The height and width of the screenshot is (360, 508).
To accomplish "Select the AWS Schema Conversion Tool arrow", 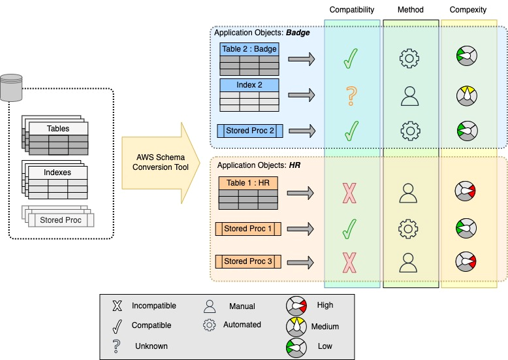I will point(160,161).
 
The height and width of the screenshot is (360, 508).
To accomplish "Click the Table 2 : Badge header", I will point(249,49).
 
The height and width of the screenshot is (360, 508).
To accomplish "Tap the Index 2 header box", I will point(249,85).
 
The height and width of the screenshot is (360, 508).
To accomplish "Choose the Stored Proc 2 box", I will point(249,131).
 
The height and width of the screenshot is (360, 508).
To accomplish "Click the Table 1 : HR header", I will point(249,183).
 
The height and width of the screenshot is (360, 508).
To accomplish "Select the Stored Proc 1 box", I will point(248,229).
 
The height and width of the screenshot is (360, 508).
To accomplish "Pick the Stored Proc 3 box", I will point(248,261).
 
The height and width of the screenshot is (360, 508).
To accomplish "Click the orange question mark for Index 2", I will point(351,97).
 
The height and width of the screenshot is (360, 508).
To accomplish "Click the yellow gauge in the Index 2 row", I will point(465,96).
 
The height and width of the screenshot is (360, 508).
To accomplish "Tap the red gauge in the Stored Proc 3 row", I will point(465,261).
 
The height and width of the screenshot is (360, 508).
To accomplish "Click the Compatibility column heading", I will point(352,10).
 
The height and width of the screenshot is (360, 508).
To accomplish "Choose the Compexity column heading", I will point(468,10).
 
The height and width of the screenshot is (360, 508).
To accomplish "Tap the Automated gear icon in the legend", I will point(210,325).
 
